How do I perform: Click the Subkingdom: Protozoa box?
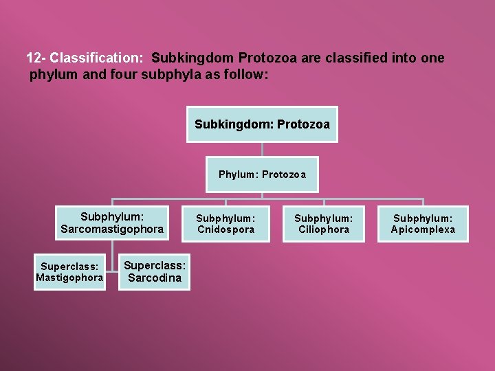click(x=262, y=124)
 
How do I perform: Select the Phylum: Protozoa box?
click(x=262, y=175)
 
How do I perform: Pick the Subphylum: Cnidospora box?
click(x=225, y=224)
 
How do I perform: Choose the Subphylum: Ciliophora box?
click(x=324, y=224)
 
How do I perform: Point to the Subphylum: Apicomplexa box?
click(x=423, y=224)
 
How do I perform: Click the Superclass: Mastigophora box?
click(x=69, y=272)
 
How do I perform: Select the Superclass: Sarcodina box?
click(x=155, y=272)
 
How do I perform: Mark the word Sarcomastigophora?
click(x=112, y=229)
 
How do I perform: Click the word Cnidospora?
click(x=225, y=229)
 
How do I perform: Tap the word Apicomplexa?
click(x=423, y=229)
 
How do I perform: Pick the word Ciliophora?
click(x=324, y=229)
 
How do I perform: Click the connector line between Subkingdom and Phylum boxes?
click(x=262, y=151)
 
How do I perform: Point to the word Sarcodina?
click(x=155, y=278)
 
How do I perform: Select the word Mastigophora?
click(x=69, y=278)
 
